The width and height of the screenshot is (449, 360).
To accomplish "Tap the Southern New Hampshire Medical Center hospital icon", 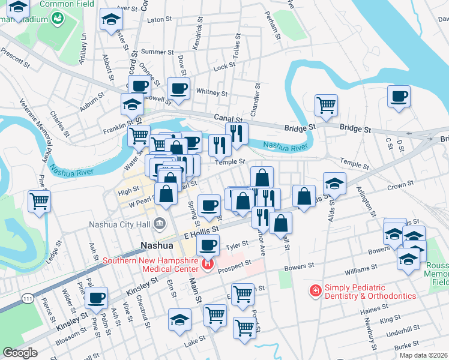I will (x=208, y=264).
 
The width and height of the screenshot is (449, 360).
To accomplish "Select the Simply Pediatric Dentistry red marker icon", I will (x=315, y=291).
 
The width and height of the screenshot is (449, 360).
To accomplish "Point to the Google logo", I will (x=20, y=353).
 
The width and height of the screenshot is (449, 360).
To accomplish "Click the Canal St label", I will (x=226, y=118).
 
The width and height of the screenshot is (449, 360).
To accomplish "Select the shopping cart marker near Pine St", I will (x=40, y=202).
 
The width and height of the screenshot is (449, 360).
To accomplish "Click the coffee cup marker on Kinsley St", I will (x=97, y=297).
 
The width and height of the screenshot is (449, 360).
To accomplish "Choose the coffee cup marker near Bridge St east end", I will (x=399, y=96).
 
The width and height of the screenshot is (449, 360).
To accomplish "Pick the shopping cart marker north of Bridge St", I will (x=326, y=105).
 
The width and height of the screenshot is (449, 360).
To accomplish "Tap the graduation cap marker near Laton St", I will (x=111, y=19).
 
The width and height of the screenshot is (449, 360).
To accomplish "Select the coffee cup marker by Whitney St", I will (x=178, y=89).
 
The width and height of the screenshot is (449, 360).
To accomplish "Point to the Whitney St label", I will (x=211, y=93).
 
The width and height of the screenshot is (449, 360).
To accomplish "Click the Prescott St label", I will (x=16, y=61).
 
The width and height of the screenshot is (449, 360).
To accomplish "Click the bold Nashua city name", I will (x=157, y=245).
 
